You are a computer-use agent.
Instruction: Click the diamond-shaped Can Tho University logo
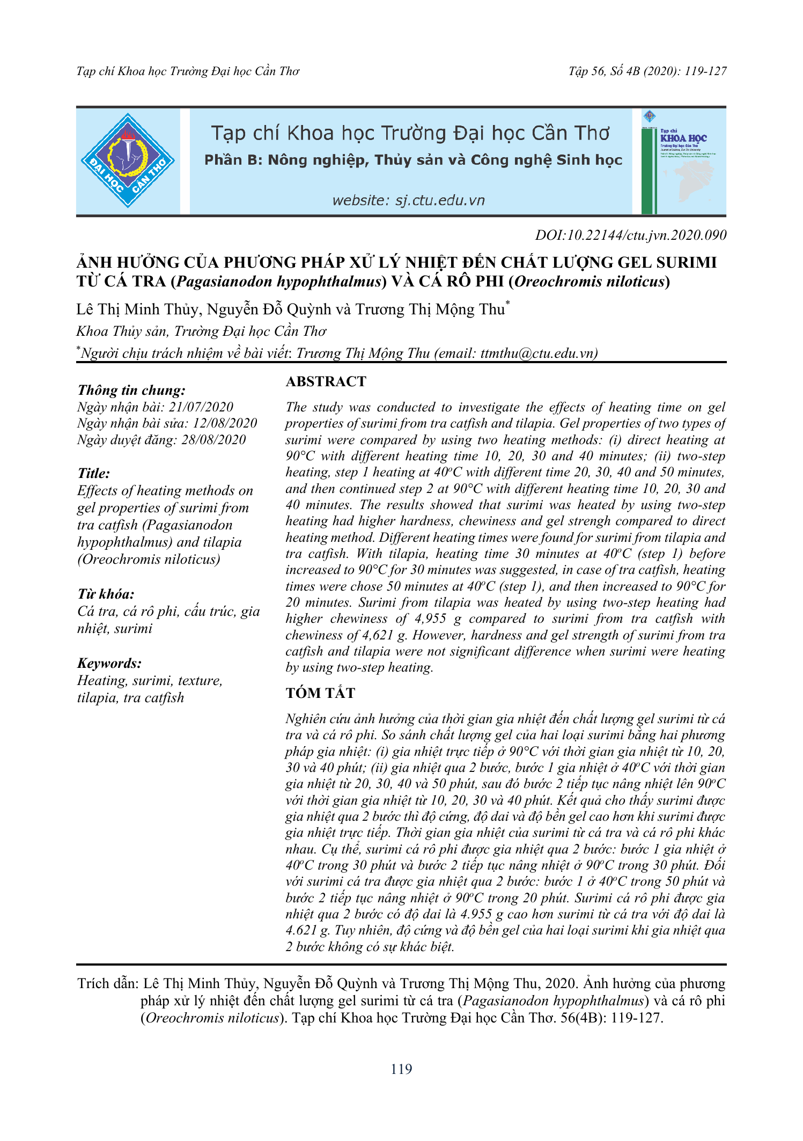(128, 160)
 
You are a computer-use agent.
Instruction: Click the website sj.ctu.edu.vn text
(408, 201)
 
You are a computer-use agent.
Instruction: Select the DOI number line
(630, 235)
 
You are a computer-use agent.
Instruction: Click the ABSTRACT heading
(326, 381)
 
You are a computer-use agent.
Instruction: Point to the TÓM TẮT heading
(320, 693)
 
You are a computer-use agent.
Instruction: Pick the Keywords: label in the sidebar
(109, 664)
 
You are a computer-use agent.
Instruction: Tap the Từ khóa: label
(106, 594)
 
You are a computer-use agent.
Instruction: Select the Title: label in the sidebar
(94, 474)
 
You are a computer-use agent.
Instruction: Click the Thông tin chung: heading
(131, 391)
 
